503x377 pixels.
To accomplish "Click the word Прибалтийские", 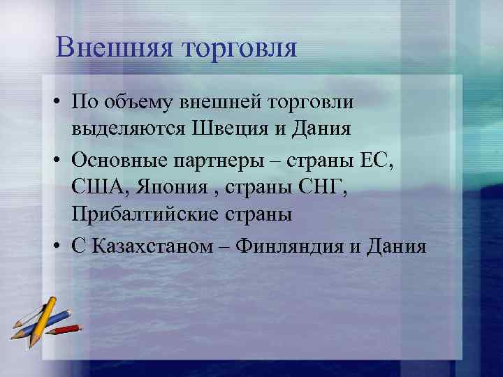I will pos(145,215).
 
